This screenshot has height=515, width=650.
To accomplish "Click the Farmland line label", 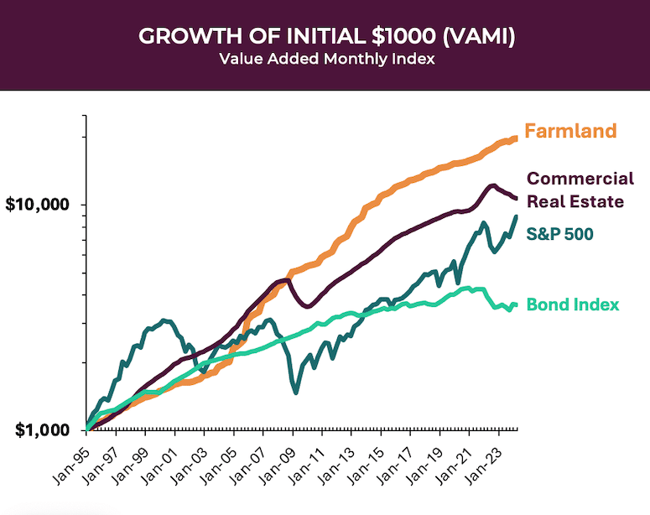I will coord(570,131).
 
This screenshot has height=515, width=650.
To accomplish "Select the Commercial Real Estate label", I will coord(580,190).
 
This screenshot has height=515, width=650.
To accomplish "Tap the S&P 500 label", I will coord(561,235).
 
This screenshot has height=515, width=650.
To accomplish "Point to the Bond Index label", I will coord(573,304).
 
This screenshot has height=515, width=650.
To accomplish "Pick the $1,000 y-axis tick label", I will coord(42,430).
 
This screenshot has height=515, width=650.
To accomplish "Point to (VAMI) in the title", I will coord(478,37).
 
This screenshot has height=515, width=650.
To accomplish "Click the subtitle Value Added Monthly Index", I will coord(325,60).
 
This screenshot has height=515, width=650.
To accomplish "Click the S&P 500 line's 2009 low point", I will coord(295,392).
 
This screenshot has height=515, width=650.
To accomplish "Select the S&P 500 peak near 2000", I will coord(165,320).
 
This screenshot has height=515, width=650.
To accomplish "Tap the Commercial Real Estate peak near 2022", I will coord(492,185).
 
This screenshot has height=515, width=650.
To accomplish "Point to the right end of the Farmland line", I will coord(516,138).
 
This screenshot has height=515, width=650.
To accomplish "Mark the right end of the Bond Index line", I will coord(516,305).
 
